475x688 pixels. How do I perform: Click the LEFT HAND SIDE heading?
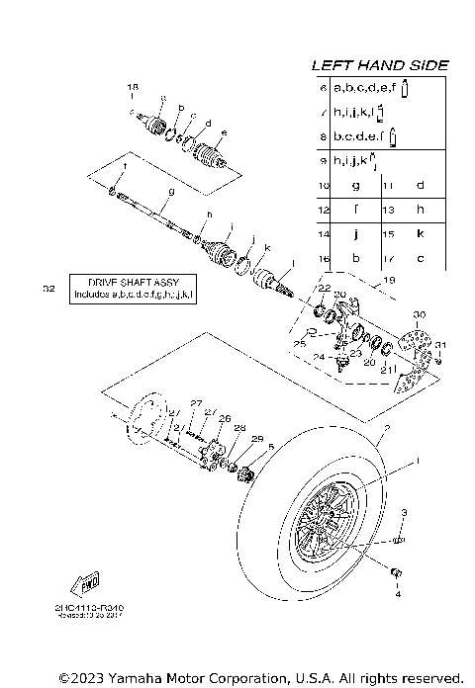(380, 65)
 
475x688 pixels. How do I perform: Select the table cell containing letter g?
(354, 185)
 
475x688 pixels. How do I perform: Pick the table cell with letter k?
(420, 234)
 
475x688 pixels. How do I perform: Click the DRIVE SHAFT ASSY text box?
(134, 289)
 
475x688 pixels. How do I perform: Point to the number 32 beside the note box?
(49, 290)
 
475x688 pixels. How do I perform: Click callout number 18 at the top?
(133, 89)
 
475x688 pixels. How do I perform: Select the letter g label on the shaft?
(171, 190)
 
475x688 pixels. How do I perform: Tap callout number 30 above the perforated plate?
(418, 314)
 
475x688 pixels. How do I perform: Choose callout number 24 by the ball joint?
(318, 357)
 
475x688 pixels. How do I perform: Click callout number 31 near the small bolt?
(441, 344)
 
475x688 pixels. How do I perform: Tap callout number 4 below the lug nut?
(399, 595)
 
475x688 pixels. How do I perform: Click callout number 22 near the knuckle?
(324, 288)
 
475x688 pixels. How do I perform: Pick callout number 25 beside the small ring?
(297, 343)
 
